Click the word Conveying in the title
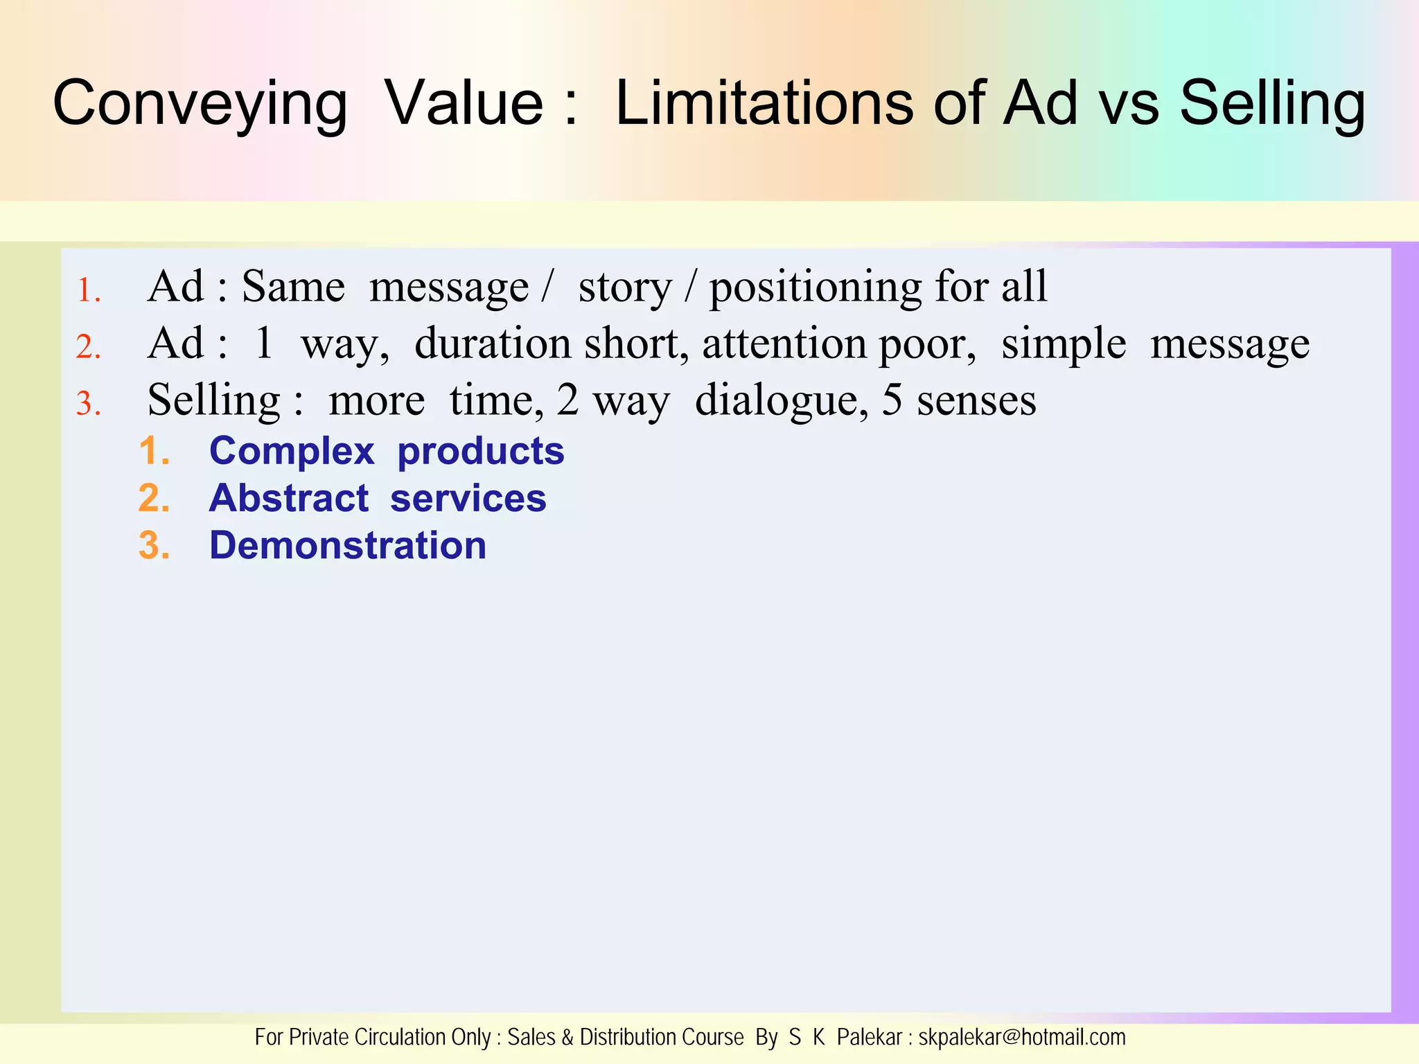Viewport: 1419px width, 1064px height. tap(200, 104)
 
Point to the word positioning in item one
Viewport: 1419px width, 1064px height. tap(815, 288)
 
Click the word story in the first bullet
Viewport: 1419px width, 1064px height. tap(625, 288)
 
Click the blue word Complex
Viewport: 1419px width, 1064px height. tap(292, 452)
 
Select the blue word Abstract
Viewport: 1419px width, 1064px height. tap(289, 499)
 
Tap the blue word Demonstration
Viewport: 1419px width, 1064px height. tap(348, 546)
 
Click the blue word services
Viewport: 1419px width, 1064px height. tap(468, 499)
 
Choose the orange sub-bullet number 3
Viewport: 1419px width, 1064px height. tap(154, 546)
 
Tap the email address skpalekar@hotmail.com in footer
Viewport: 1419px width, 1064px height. tap(1021, 1038)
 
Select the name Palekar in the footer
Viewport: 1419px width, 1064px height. tap(869, 1038)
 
